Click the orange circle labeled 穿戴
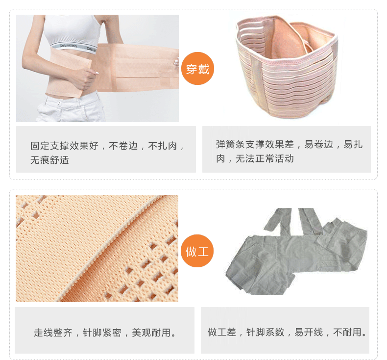(197, 69)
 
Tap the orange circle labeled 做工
(197, 251)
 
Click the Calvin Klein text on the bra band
(69, 46)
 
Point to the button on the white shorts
(59, 103)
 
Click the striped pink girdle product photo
(286, 67)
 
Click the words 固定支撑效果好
(64, 146)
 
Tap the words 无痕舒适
(49, 160)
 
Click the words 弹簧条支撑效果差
(255, 144)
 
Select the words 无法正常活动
(265, 158)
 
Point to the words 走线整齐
(53, 333)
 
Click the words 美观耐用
(151, 333)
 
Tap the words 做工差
(222, 332)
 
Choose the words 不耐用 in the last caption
(347, 332)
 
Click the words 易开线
(309, 332)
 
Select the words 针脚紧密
(102, 333)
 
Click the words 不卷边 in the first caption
(123, 146)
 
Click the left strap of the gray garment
(278, 219)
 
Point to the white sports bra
(73, 32)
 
